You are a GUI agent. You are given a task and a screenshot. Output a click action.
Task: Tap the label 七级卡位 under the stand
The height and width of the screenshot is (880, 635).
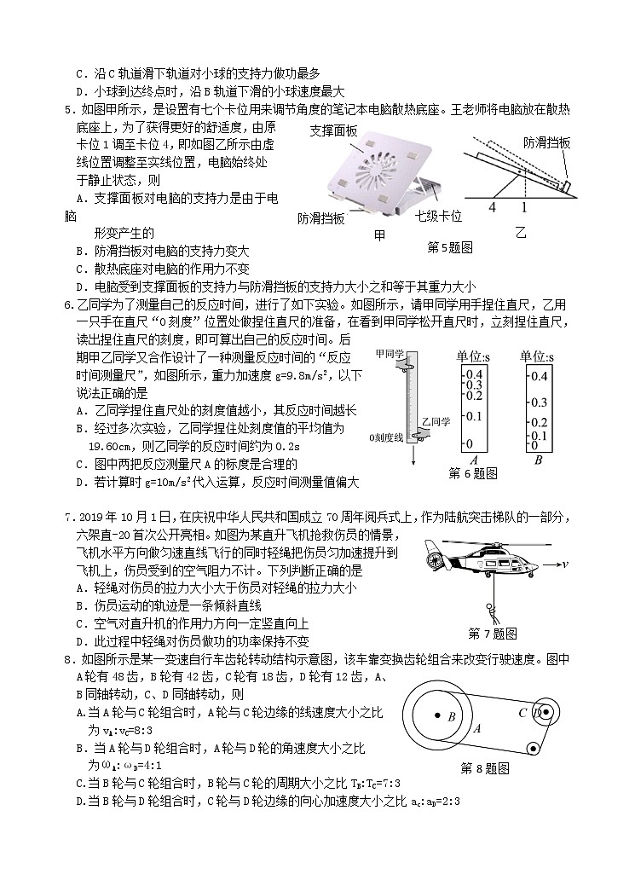[438, 217]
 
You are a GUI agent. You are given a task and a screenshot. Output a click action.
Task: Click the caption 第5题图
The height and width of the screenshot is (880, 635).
[449, 247]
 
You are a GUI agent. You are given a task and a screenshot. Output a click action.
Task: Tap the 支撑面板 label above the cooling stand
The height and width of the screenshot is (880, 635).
[333, 130]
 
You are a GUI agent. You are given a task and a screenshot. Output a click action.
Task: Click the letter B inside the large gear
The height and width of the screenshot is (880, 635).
[451, 717]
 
